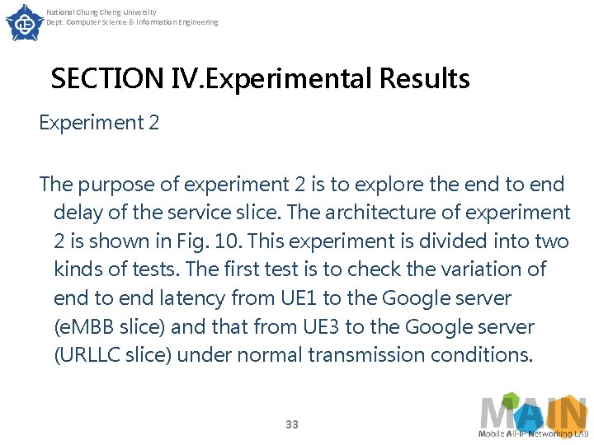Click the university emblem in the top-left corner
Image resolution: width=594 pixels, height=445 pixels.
25,22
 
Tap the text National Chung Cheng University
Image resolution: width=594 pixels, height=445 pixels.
101,12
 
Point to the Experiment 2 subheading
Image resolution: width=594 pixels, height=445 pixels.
99,123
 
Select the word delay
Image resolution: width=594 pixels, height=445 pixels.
77,213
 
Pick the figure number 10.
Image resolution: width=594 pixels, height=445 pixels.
225,241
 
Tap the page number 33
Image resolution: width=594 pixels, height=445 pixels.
291,424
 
